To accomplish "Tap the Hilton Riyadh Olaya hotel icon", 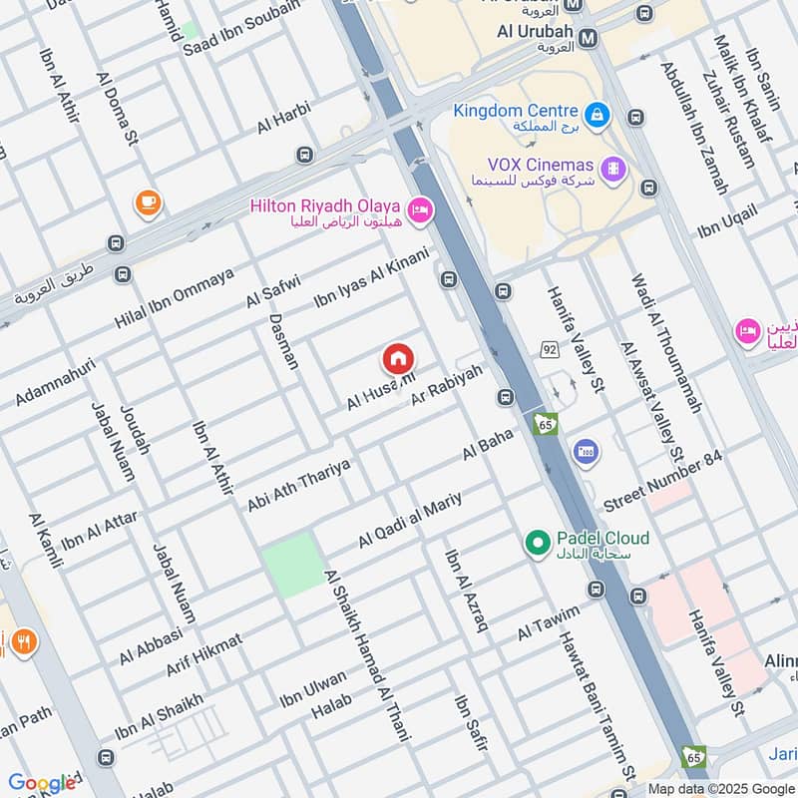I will coord(420,208).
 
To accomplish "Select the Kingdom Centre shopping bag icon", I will coord(596,115).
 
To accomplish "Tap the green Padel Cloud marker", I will coord(538,543).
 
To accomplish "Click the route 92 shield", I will coord(549,349).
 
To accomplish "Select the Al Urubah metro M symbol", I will coord(589,37).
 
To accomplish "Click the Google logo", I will coord(42,783).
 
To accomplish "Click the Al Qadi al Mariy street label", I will coord(409,519).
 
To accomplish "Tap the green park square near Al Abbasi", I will coord(293,566).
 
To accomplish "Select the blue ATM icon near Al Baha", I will coord(587,452).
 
